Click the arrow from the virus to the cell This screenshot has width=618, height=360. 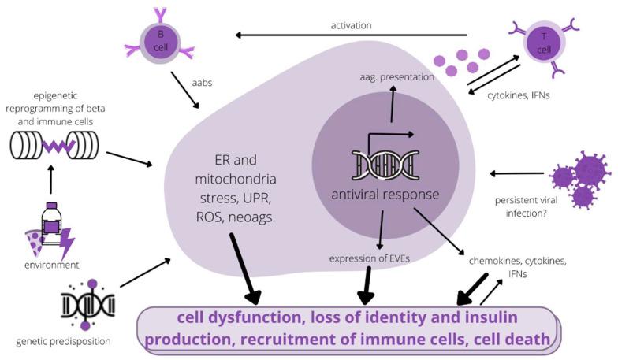(516, 173)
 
